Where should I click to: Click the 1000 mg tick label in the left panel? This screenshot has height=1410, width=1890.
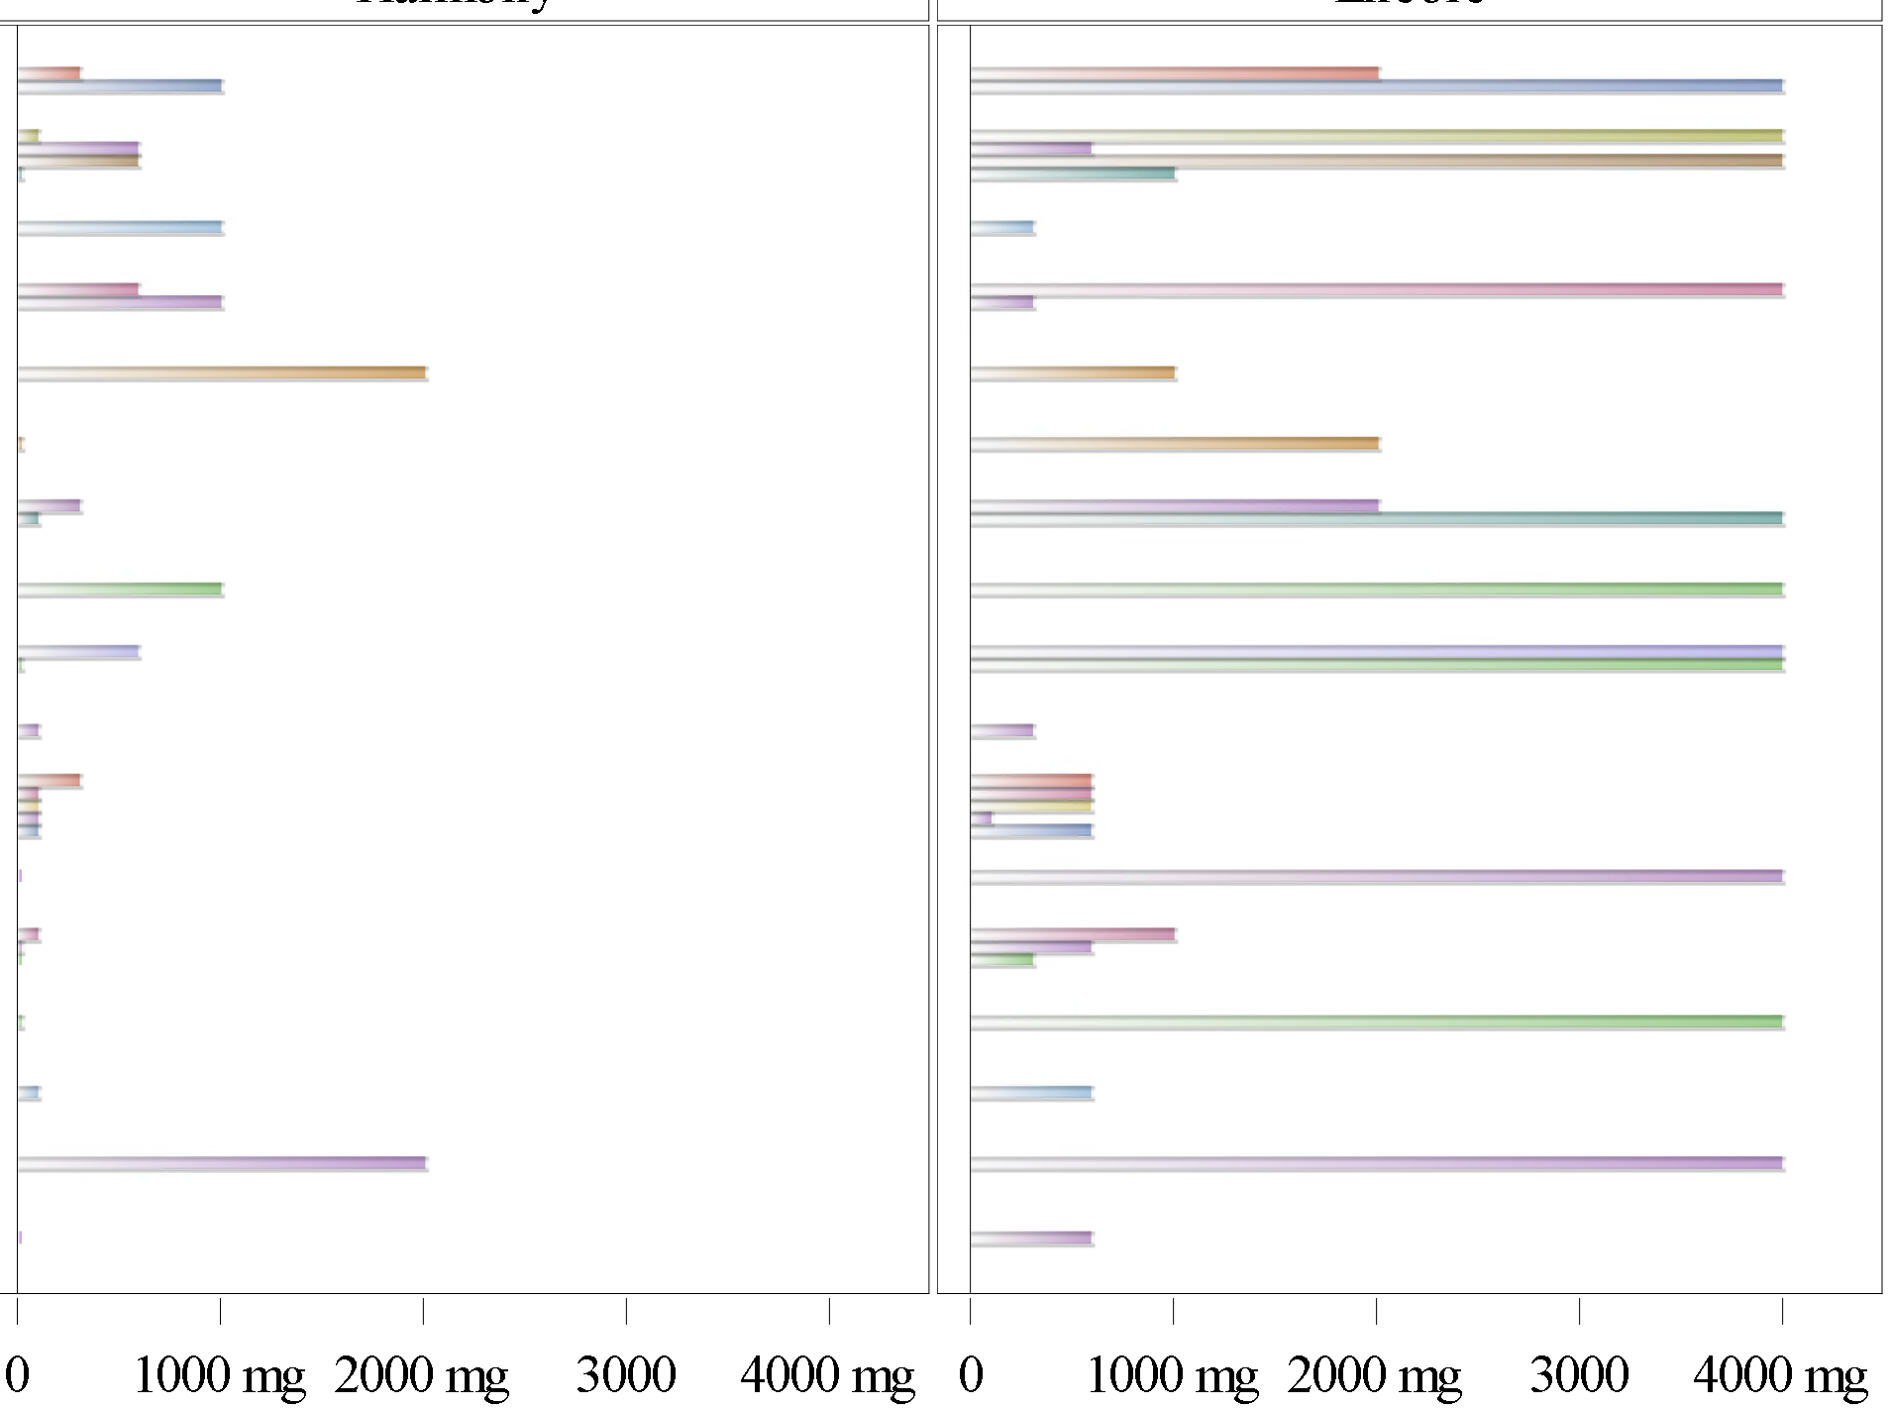220,1375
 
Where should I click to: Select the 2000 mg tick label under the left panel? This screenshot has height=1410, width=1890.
422,1375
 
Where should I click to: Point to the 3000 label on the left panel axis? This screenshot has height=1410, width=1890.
626,1375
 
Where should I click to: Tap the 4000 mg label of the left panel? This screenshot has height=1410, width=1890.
828,1375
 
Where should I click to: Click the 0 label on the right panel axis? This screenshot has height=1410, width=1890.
971,1375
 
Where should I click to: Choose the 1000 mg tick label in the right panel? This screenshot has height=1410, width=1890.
1173,1375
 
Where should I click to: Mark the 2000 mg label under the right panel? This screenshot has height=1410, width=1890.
1375,1375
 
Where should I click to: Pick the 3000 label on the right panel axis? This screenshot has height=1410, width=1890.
1579,1375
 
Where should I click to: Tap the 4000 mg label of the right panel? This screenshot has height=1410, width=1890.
1781,1375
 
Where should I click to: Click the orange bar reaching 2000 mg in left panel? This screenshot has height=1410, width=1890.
222,373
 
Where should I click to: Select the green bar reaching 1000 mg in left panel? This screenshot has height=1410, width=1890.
120,590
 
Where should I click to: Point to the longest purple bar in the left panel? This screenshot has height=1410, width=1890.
222,1163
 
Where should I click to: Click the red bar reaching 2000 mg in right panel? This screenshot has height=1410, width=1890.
1175,73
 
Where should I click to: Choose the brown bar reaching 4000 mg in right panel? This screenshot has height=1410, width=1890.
1377,161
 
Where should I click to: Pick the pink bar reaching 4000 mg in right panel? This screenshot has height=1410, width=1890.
1377,290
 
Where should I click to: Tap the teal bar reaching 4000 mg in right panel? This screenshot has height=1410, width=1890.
1377,518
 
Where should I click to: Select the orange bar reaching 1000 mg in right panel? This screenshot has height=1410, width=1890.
1073,373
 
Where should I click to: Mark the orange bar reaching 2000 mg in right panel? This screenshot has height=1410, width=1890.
1175,444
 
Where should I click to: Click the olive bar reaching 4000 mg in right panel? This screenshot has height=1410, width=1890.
1377,136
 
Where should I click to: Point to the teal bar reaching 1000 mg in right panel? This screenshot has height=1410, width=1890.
1073,173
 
